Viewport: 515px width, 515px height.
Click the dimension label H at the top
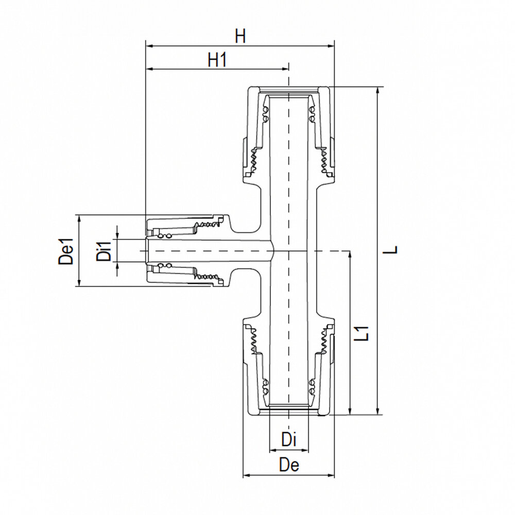click(x=240, y=36)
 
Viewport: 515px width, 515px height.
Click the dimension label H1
click(x=217, y=60)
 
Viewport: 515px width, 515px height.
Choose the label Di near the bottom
click(x=289, y=440)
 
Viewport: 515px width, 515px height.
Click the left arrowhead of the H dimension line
click(x=149, y=46)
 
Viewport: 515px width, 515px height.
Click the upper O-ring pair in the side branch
click(x=164, y=235)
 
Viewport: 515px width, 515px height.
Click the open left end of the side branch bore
click(x=148, y=250)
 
